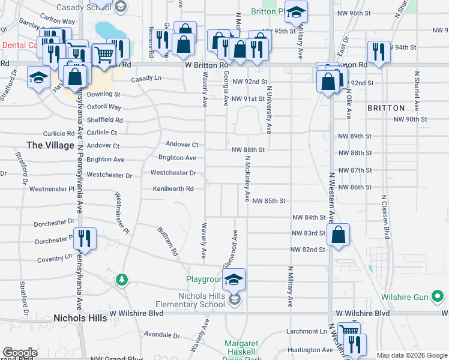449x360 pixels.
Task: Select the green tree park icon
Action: click(x=122, y=280)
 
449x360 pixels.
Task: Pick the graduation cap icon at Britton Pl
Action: click(x=295, y=11)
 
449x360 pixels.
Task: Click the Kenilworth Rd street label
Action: click(x=173, y=189)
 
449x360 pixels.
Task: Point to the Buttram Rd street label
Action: click(x=168, y=241)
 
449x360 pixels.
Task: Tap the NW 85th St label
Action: click(x=268, y=200)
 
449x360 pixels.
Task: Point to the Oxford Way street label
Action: click(x=104, y=107)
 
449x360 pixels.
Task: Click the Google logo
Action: click(x=20, y=353)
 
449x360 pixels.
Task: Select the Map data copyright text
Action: click(x=411, y=355)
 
